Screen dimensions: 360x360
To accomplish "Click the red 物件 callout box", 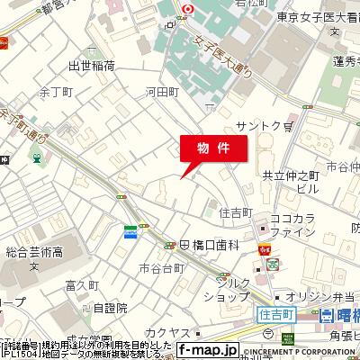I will [212, 148].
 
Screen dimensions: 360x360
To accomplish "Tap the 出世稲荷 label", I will [91, 66].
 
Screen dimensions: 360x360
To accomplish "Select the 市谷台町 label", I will [161, 268].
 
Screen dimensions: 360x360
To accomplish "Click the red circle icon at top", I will [186, 10].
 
